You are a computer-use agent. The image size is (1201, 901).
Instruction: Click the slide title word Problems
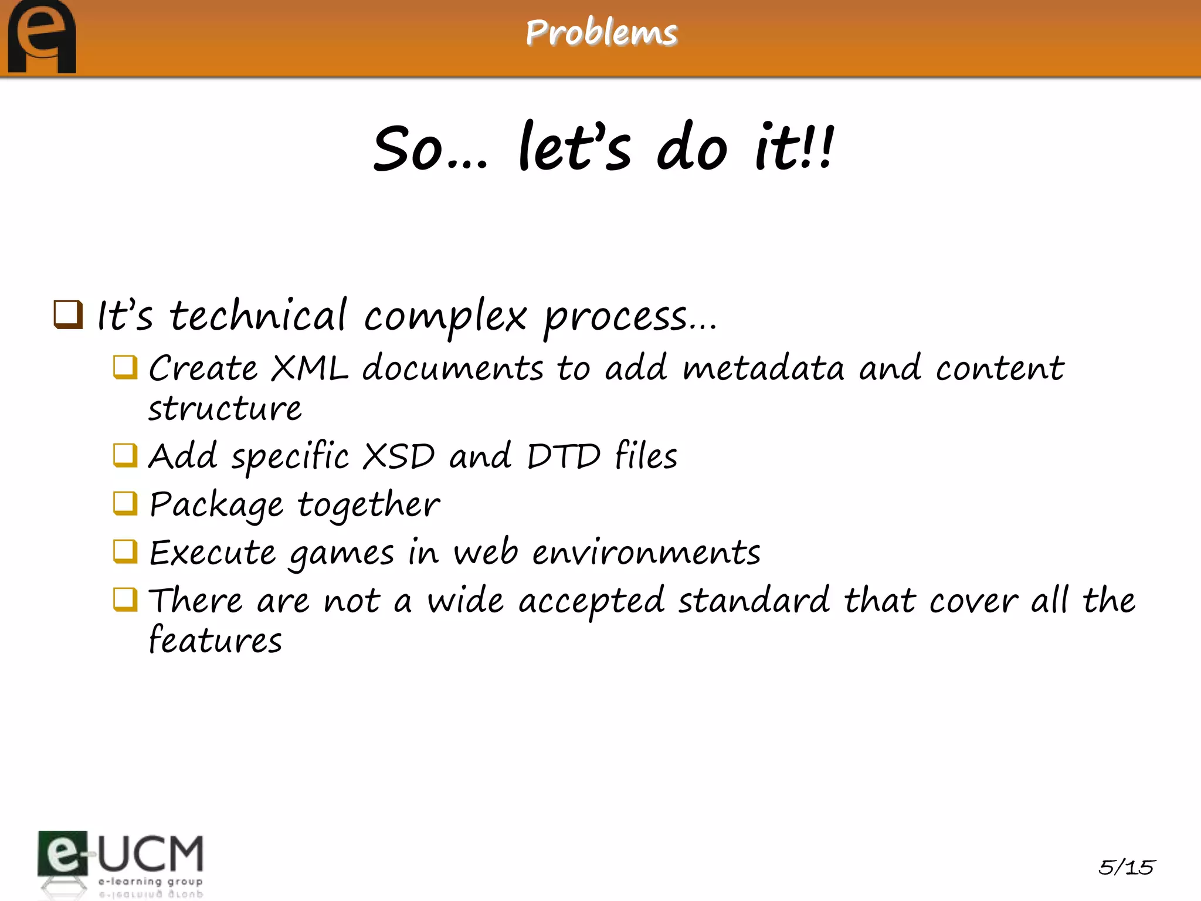pos(601,33)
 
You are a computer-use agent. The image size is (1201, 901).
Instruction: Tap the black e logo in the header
pos(41,38)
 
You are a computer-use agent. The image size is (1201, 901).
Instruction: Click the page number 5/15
pos(1126,867)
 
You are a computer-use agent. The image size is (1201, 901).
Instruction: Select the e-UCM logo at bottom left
pos(120,862)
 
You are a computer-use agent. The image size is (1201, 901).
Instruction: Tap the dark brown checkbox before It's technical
pos(68,314)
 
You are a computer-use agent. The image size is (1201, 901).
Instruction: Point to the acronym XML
pos(310,368)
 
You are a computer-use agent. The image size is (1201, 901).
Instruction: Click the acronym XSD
pos(399,456)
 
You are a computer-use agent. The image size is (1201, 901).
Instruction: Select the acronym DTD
pos(564,456)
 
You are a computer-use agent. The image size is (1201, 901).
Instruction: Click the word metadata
pos(764,368)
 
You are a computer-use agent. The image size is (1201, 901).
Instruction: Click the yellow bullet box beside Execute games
pos(125,551)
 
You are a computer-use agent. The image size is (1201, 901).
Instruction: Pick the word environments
pos(646,553)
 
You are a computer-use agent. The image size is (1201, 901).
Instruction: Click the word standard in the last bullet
pos(754,601)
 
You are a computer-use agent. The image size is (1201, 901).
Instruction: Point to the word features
pos(215,641)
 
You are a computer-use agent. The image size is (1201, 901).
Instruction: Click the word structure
pos(225,409)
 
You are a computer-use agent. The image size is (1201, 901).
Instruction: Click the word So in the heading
pos(408,149)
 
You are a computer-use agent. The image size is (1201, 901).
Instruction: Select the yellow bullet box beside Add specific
pos(125,455)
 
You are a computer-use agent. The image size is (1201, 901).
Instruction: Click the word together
pos(368,504)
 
